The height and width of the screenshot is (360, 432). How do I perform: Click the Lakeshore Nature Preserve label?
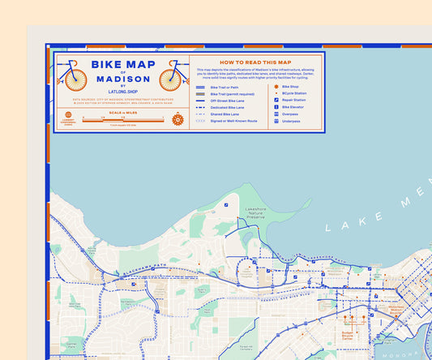point(256,213)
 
